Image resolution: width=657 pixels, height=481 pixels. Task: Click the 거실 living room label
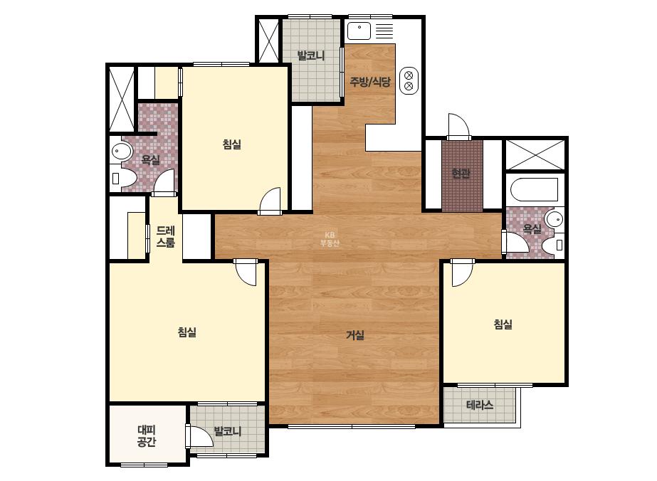(x=355, y=334)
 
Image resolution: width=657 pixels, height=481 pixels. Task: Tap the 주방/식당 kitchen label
(x=370, y=82)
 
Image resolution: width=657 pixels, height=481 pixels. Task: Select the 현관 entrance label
(x=461, y=173)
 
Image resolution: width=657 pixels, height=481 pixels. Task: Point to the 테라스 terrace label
(x=480, y=405)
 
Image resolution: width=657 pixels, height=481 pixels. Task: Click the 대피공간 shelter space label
(x=147, y=435)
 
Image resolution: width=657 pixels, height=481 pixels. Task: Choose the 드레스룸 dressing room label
(x=166, y=236)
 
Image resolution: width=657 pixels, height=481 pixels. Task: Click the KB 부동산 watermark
(x=330, y=239)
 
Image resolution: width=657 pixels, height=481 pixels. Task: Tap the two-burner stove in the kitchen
(x=409, y=81)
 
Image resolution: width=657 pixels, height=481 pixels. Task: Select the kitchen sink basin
(x=359, y=31)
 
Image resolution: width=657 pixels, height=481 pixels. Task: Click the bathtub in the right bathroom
(x=535, y=189)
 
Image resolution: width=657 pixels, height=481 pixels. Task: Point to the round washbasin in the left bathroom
(x=122, y=152)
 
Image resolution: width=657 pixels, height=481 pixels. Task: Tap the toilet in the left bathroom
(x=122, y=179)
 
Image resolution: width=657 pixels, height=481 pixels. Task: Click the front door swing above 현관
(x=459, y=126)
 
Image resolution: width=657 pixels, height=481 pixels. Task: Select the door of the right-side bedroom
(x=462, y=273)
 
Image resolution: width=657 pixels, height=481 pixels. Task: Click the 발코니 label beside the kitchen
(x=311, y=55)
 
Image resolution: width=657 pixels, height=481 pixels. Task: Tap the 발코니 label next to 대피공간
(x=228, y=431)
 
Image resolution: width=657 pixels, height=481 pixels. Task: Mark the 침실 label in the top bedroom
(x=232, y=144)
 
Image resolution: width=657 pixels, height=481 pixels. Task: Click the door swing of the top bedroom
(x=270, y=201)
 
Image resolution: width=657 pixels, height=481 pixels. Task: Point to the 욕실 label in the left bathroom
(x=150, y=159)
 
